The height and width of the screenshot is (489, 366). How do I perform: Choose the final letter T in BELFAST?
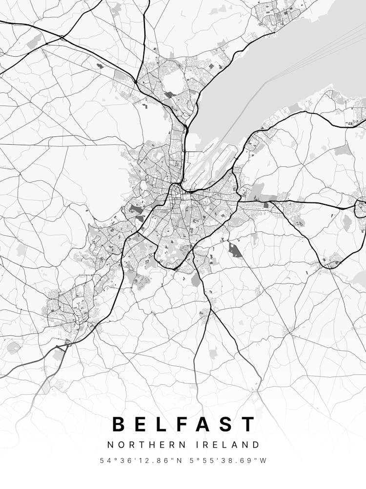click(249, 424)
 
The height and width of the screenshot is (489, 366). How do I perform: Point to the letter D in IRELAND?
click(256, 445)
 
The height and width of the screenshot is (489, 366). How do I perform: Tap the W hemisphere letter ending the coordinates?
click(264, 461)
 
